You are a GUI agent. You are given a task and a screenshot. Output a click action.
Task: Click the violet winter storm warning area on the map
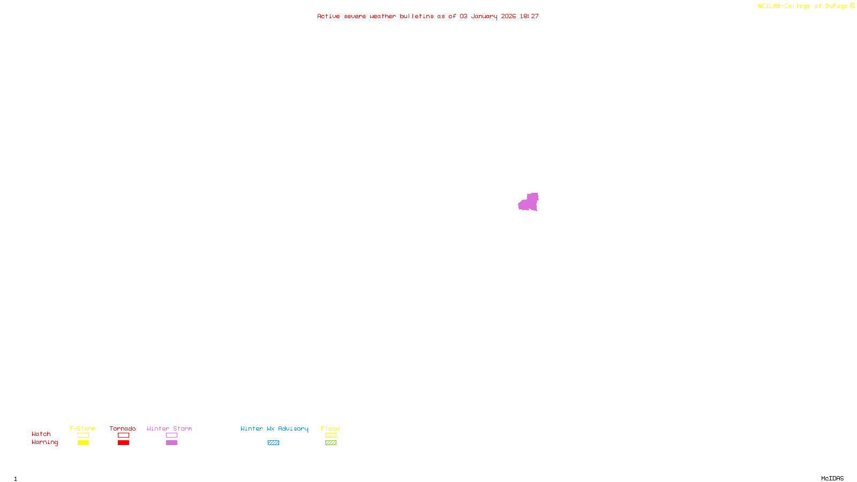[529, 203]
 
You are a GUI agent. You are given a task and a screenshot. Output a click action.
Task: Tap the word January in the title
[484, 16]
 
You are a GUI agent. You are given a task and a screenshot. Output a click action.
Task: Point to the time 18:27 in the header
[529, 16]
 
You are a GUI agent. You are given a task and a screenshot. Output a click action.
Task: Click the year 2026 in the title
[508, 16]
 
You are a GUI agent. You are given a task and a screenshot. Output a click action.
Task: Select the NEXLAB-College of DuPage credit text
[802, 6]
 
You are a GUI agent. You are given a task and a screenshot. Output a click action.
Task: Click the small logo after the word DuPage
[852, 6]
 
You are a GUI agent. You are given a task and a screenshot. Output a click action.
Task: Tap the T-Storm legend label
[82, 428]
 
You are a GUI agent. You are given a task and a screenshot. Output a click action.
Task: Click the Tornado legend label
[123, 428]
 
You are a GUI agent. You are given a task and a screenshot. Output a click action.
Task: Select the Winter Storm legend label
[169, 428]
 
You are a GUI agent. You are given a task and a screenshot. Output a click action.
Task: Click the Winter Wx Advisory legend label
[274, 428]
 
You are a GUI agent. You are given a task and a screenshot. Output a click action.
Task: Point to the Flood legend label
[330, 428]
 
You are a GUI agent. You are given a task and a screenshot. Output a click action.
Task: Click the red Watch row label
[41, 434]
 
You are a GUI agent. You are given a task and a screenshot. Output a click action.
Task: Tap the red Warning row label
[44, 442]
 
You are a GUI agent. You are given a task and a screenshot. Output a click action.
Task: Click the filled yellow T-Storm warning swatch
[83, 443]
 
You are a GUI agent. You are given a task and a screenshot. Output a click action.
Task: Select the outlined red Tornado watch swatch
[123, 435]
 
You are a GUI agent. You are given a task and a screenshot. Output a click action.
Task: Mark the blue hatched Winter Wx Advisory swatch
[273, 443]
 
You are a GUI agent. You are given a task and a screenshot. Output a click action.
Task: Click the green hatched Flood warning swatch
[330, 443]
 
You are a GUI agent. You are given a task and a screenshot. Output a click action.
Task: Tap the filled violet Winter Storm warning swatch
[171, 443]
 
